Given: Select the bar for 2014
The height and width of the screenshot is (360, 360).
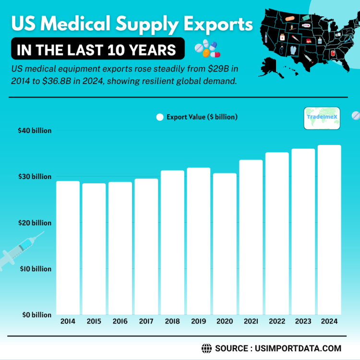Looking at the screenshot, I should coord(68,247).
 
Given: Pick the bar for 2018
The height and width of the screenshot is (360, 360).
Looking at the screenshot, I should coord(172,242).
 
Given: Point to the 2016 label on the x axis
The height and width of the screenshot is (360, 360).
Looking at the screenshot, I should coord(120,321).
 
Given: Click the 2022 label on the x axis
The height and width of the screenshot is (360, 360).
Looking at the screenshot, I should coord(277,321).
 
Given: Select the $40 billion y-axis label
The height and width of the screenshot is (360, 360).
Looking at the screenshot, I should coord(35,131).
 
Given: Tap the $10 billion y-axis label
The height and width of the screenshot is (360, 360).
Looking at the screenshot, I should coord(35,269).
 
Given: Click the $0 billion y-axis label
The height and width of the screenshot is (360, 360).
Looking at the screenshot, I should coord(35,315).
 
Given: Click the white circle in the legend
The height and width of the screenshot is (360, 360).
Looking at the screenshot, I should coord(160,117).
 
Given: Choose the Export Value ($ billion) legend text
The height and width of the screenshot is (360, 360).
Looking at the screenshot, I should coord(202,117).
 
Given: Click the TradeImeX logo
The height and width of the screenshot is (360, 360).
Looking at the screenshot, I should coord(322,119).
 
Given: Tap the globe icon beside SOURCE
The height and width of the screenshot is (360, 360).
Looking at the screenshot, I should coord(207,348).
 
